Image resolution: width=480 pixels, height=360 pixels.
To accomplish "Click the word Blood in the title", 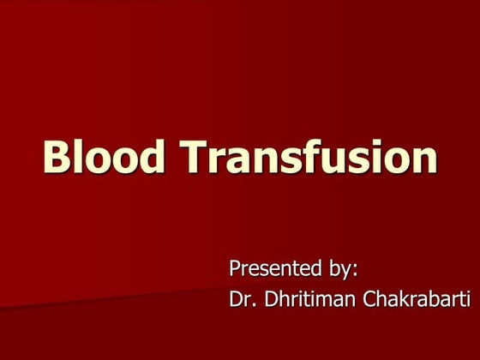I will tap(104, 158).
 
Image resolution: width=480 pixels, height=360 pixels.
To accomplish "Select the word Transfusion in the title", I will tap(309, 158).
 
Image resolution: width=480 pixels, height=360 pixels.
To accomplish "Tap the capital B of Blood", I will tap(57, 158).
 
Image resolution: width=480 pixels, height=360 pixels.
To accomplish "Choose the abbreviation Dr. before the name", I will tap(241, 300).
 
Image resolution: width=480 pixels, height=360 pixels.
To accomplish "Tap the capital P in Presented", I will tap(236, 268).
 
